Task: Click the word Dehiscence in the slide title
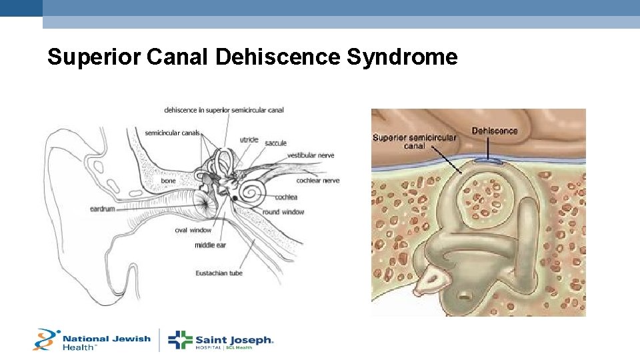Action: pyautogui.click(x=278, y=57)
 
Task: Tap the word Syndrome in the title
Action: pyautogui.click(x=402, y=57)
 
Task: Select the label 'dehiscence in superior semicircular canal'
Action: pyautogui.click(x=224, y=110)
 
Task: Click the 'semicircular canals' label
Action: pyautogui.click(x=172, y=133)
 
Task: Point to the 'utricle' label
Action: pyautogui.click(x=249, y=140)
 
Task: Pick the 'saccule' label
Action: pyautogui.click(x=275, y=143)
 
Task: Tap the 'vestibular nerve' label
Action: pyautogui.click(x=311, y=155)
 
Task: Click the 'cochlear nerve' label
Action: pyautogui.click(x=318, y=180)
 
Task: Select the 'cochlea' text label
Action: pyautogui.click(x=285, y=197)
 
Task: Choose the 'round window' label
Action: pyautogui.click(x=283, y=212)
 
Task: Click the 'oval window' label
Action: pyautogui.click(x=193, y=231)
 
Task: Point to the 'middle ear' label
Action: pyautogui.click(x=210, y=245)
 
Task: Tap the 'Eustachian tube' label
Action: pyautogui.click(x=219, y=273)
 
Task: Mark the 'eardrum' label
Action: pyautogui.click(x=103, y=209)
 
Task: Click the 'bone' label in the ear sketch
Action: pyautogui.click(x=168, y=181)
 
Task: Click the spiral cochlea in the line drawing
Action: pyautogui.click(x=252, y=191)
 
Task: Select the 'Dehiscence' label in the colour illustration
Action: pyautogui.click(x=494, y=131)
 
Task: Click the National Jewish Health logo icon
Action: pyautogui.click(x=46, y=339)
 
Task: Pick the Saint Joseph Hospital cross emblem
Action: pyautogui.click(x=180, y=340)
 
